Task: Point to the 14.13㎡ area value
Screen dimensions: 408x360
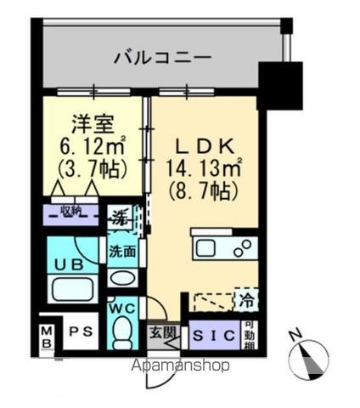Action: [206, 168]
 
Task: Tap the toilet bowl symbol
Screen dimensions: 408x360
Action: [122, 328]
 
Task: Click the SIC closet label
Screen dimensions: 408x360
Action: [207, 334]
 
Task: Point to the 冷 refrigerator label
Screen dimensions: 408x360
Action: [245, 302]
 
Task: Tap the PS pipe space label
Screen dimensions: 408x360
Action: [81, 331]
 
